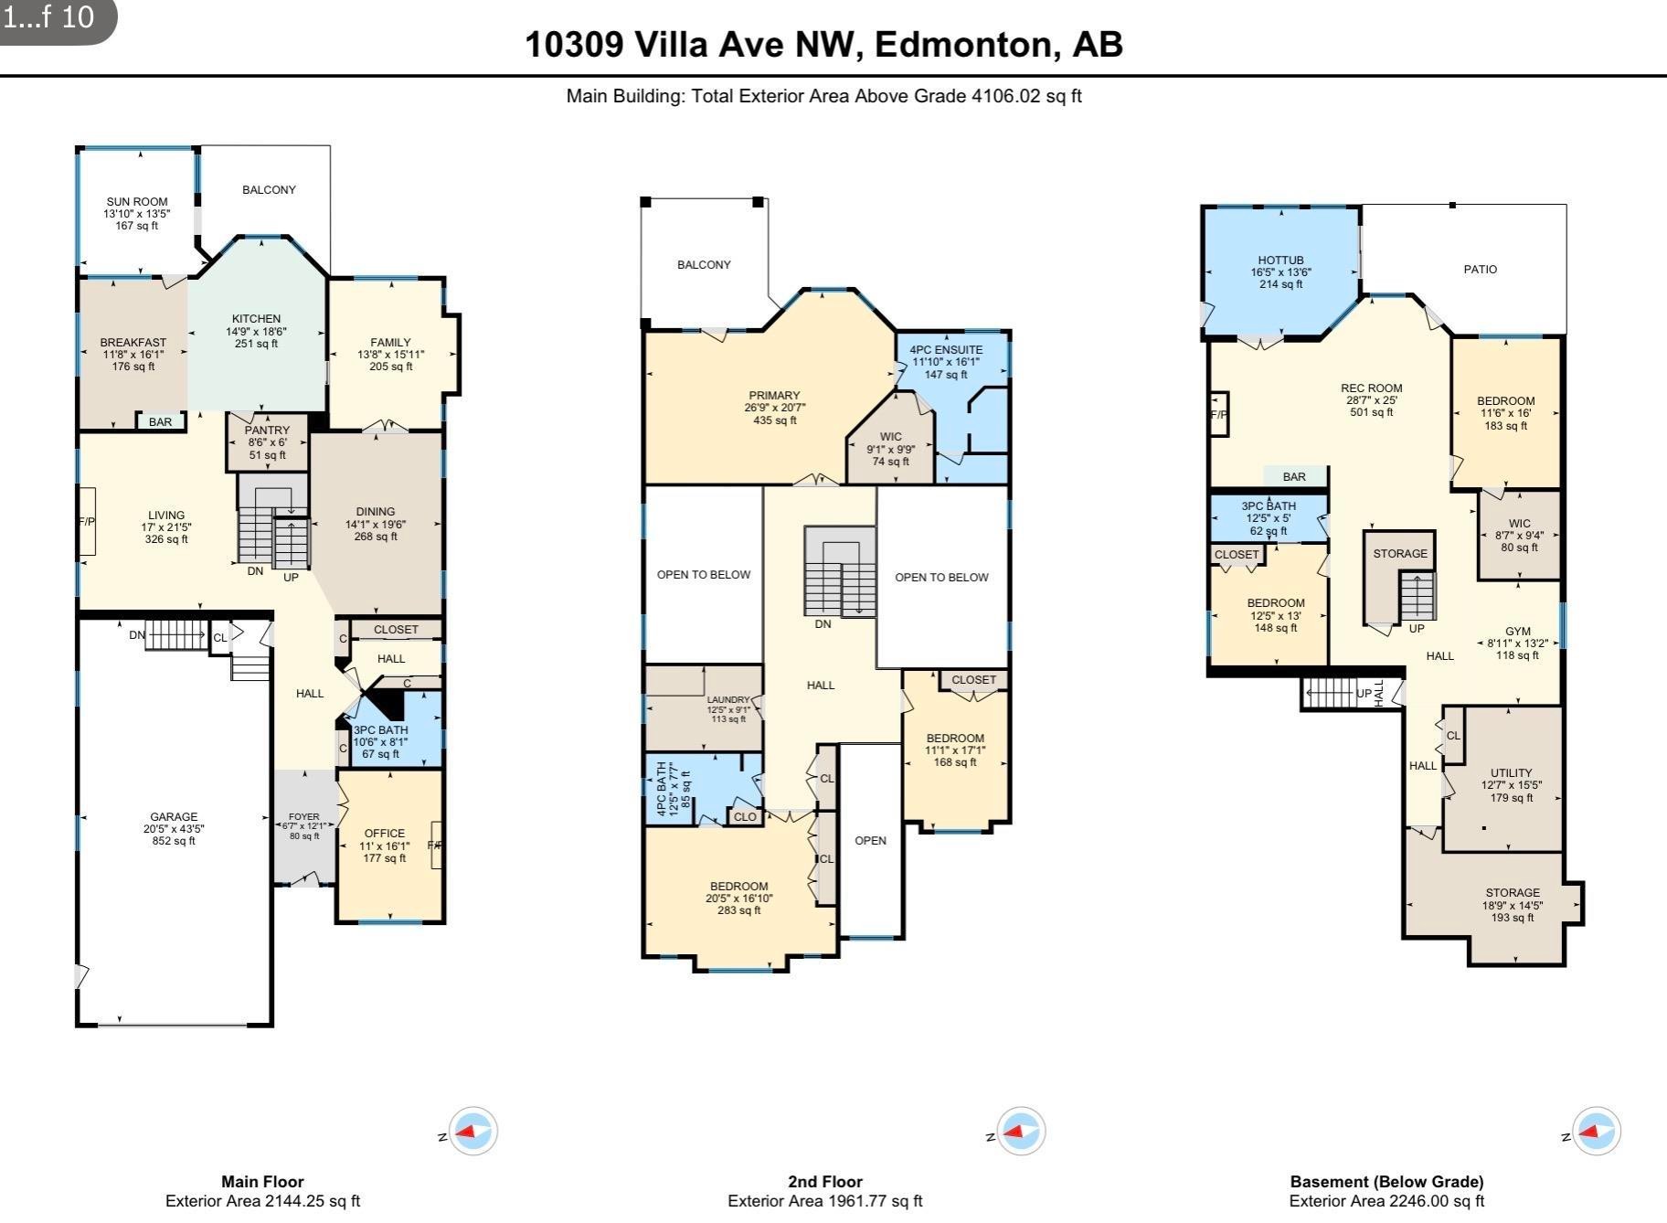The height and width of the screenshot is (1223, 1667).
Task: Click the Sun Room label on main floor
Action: pos(137,202)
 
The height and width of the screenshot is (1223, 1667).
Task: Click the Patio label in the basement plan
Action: pos(1480,269)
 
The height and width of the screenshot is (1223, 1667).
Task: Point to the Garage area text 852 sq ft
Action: pos(174,841)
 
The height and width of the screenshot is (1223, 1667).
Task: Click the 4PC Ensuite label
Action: pos(946,349)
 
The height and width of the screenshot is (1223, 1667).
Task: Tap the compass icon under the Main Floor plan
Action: pos(473,1132)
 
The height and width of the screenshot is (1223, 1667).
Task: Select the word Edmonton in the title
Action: pos(963,44)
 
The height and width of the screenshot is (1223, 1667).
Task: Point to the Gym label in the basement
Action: pos(1517,632)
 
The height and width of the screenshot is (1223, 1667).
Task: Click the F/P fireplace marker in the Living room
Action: pos(87,522)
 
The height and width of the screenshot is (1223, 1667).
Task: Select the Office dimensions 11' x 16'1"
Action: pos(384,845)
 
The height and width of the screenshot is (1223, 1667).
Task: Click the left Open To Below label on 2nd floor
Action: pos(704,574)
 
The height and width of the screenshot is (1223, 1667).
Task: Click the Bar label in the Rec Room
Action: pos(1294,476)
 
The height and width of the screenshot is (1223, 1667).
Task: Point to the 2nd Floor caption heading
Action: pos(824,1181)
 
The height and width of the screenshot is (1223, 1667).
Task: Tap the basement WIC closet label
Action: pos(1519,524)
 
